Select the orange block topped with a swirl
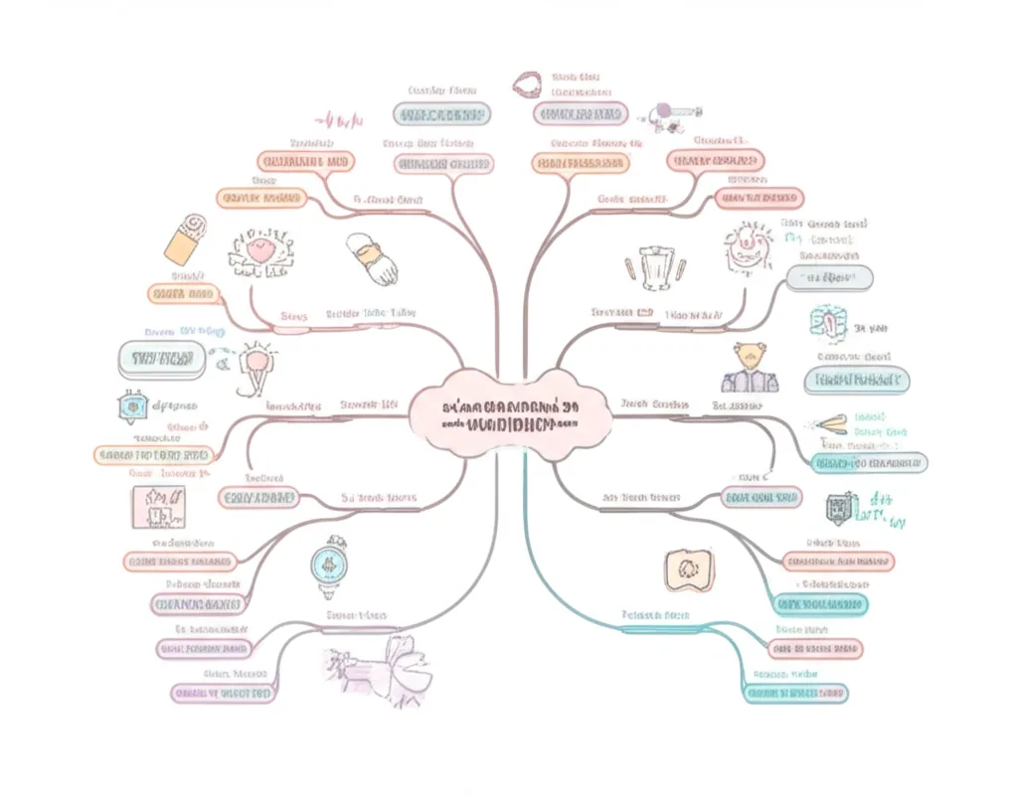coord(186,237)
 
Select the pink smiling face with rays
coord(747,246)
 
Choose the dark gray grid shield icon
coord(836,509)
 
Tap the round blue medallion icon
coord(328,563)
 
